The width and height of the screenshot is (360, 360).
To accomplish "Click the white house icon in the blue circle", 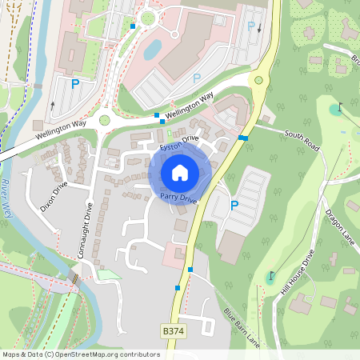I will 180,172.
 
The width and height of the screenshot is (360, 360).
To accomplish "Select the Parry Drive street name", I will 178,196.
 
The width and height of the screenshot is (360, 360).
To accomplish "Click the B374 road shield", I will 173,330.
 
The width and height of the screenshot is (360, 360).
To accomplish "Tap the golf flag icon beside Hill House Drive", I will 271,276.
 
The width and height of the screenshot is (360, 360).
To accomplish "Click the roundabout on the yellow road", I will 258,80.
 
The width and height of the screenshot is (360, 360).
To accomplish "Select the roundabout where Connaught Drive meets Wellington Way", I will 104,121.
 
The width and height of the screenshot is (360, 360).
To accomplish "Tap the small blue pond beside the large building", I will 152,50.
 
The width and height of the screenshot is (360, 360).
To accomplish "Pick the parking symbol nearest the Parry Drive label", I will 234,206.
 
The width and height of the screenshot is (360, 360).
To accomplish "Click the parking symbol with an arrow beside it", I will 250,26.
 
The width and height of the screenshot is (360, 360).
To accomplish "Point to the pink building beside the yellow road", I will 173,256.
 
